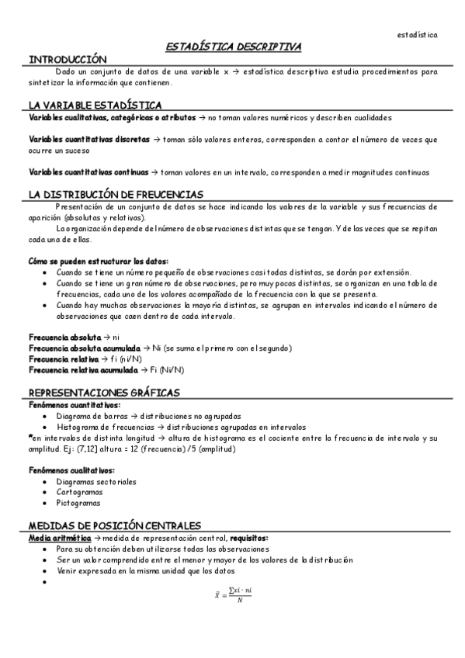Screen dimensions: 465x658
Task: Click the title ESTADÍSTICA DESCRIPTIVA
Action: [x=234, y=48]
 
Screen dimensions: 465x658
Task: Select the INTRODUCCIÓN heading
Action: [x=68, y=60]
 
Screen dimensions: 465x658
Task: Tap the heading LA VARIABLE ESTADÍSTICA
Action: [x=95, y=105]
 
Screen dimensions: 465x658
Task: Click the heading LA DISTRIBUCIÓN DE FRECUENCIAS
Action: [x=116, y=194]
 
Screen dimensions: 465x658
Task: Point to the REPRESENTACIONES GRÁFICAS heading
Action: [x=104, y=393]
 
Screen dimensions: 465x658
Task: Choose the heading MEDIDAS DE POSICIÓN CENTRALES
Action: [x=115, y=525]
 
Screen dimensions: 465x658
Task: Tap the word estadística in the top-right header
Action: [x=417, y=35]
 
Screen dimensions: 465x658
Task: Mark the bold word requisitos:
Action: [x=245, y=538]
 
